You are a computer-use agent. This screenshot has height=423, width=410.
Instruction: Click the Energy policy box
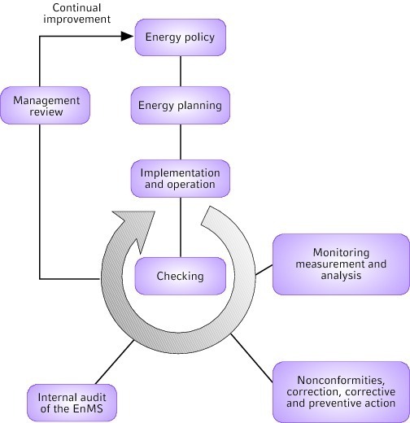(x=181, y=37)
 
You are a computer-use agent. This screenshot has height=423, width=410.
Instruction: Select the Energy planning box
(x=181, y=106)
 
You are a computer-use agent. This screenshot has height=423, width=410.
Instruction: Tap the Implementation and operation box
(x=181, y=179)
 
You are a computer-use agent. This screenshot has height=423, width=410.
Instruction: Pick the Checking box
(x=181, y=276)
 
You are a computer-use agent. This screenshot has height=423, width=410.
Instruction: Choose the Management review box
(x=45, y=106)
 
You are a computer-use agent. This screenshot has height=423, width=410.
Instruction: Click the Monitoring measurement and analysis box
(x=341, y=264)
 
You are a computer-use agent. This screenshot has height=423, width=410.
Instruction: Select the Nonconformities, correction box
(x=341, y=391)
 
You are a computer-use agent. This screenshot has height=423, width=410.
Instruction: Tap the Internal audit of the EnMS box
(x=72, y=403)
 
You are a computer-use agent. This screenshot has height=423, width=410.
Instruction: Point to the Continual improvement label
(x=77, y=13)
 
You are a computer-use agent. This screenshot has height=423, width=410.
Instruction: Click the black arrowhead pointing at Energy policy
(x=128, y=36)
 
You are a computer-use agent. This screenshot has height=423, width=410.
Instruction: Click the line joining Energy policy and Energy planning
(x=181, y=72)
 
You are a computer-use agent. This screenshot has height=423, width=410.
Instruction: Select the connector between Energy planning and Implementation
(x=181, y=142)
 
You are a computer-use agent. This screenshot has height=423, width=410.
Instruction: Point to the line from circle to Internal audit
(x=115, y=362)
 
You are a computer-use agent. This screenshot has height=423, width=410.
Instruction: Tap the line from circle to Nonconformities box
(x=251, y=358)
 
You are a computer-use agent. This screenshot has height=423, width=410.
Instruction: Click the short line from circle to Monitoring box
(x=264, y=270)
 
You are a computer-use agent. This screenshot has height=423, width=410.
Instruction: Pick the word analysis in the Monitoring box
(x=341, y=276)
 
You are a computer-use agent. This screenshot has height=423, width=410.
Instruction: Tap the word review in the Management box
(x=46, y=111)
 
